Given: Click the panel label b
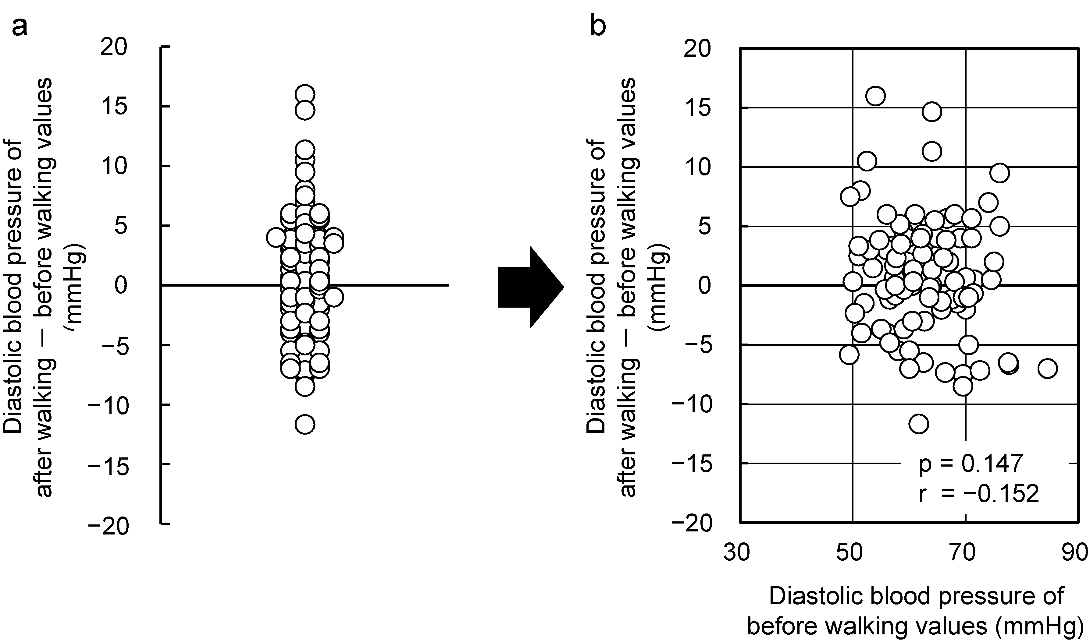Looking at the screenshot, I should tap(598, 27).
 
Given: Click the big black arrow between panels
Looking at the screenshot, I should tap(530, 287).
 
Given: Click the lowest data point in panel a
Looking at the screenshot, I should tap(305, 424).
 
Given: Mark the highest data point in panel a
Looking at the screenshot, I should tap(305, 94).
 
